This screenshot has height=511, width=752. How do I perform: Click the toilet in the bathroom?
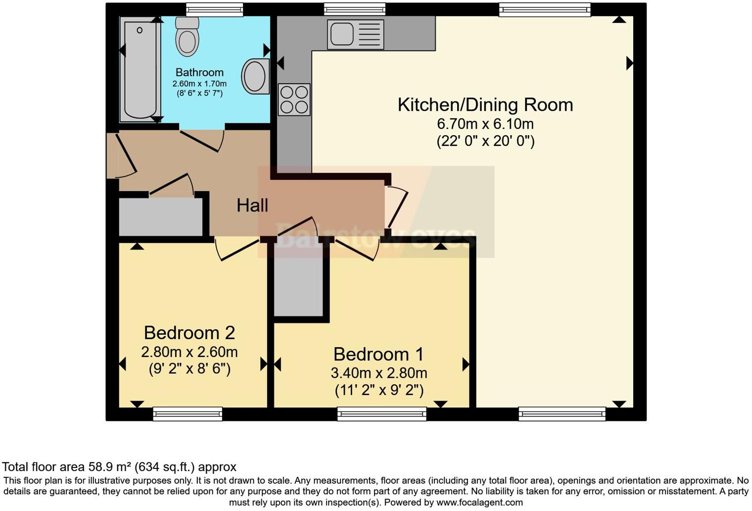187,38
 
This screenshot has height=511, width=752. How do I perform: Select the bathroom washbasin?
255,77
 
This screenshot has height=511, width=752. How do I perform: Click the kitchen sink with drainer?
355,34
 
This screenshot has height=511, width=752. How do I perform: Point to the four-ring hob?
294,100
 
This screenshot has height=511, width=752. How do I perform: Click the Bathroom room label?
199,72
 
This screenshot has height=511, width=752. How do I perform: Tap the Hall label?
252,205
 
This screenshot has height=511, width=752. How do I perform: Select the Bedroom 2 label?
189,332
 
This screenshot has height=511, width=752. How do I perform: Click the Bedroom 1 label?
378,354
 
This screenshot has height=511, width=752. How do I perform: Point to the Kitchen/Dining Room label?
485,105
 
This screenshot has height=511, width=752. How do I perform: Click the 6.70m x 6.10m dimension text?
485,124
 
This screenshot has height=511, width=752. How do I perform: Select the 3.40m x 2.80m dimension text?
379,373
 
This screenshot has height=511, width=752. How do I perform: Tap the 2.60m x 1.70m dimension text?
199,84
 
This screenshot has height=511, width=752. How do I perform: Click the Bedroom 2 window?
188,413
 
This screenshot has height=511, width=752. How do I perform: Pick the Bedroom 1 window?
381,413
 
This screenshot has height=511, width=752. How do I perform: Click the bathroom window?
214,9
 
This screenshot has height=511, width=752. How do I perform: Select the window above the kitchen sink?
354,9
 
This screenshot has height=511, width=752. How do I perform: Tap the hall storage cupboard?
161,217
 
